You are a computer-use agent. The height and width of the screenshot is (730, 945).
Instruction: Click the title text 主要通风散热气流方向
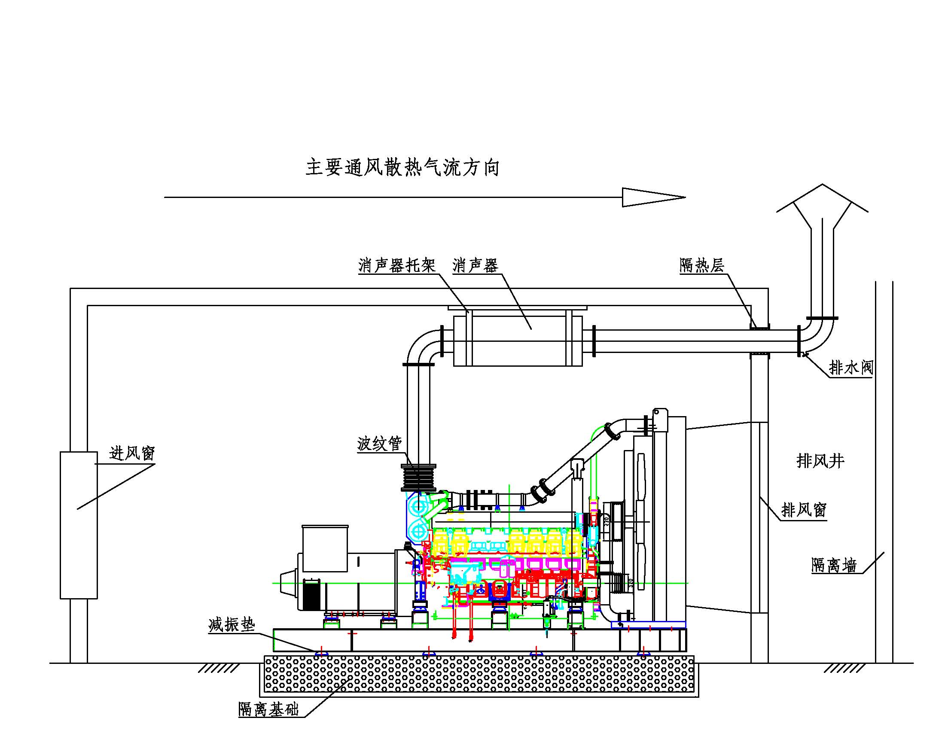pyautogui.click(x=402, y=168)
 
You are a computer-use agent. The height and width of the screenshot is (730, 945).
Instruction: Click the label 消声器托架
pyautogui.click(x=397, y=265)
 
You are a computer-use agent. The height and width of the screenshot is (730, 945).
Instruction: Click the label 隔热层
pyautogui.click(x=701, y=265)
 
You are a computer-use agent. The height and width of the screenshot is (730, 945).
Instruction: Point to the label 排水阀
pyautogui.click(x=850, y=368)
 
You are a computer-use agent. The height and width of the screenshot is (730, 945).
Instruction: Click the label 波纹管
pyautogui.click(x=379, y=444)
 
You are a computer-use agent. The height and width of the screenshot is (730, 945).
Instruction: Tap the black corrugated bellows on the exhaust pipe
pyautogui.click(x=418, y=478)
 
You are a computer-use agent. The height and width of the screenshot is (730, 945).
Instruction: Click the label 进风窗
pyautogui.click(x=132, y=453)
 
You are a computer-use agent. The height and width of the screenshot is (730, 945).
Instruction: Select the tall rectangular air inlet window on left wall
pyautogui.click(x=78, y=525)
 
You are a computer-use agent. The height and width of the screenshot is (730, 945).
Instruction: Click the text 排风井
pyautogui.click(x=820, y=461)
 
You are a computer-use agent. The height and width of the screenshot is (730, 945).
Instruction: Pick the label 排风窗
pyautogui.click(x=804, y=510)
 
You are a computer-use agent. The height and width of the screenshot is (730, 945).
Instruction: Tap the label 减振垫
pyautogui.click(x=232, y=624)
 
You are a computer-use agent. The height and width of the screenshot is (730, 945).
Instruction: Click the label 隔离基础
pyautogui.click(x=268, y=709)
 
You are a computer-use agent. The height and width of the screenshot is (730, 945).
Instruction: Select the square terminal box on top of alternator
pyautogui.click(x=325, y=548)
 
